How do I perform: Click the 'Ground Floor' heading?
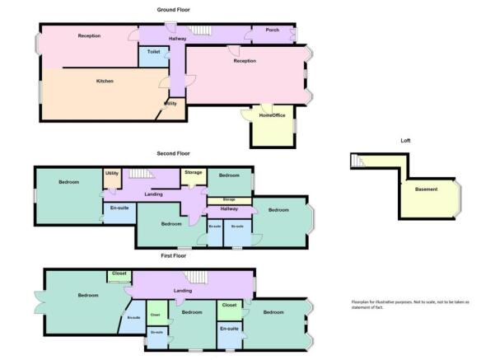click(x=173, y=9)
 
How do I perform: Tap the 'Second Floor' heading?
click(x=173, y=153)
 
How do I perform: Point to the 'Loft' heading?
click(x=404, y=140)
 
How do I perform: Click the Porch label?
click(x=272, y=30)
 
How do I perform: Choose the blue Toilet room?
click(x=153, y=55)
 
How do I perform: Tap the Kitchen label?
click(x=105, y=81)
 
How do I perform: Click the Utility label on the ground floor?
click(x=170, y=103)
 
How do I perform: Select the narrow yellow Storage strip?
click(x=229, y=199)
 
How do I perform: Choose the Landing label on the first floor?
click(x=183, y=291)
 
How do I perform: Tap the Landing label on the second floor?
click(x=153, y=194)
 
